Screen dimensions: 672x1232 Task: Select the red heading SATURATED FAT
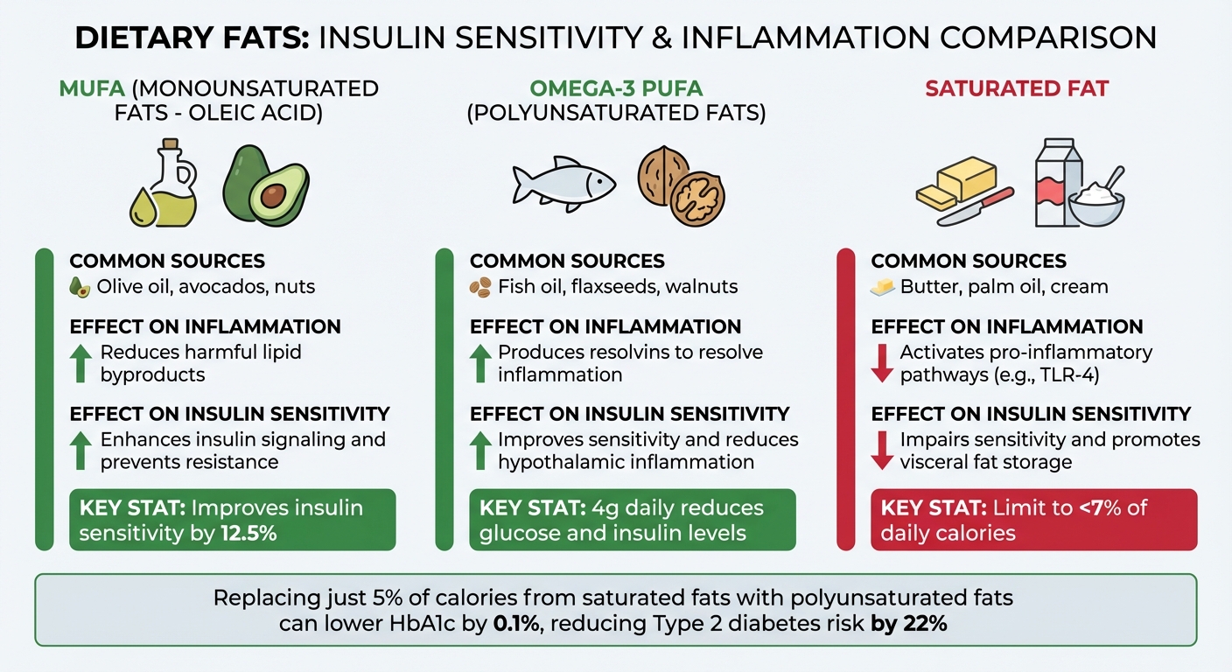pyautogui.click(x=1016, y=88)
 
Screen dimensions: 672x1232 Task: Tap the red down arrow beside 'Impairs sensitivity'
pyautogui.click(x=883, y=450)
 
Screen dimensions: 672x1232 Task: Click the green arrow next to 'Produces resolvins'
pyautogui.click(x=480, y=363)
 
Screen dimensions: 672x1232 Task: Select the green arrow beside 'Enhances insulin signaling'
pyautogui.click(x=80, y=450)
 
